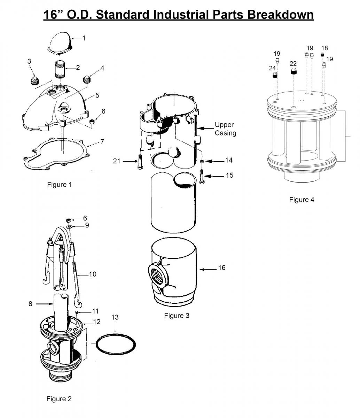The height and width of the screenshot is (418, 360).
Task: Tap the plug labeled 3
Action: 34,80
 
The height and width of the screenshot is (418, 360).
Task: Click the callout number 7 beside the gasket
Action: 102,142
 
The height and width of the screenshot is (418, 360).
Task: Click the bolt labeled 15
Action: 202,176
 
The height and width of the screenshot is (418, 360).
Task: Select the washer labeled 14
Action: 202,162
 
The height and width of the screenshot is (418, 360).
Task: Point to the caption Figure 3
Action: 177,316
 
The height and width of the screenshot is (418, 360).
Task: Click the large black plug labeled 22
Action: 294,72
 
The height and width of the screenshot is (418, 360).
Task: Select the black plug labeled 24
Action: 275,75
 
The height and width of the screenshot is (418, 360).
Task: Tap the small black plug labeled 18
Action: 322,55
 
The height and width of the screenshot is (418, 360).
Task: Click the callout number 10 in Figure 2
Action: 93,274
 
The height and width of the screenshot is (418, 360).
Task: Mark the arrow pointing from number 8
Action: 44,304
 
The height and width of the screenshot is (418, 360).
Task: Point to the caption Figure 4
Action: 302,200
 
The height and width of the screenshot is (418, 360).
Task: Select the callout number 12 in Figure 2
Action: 97,322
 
